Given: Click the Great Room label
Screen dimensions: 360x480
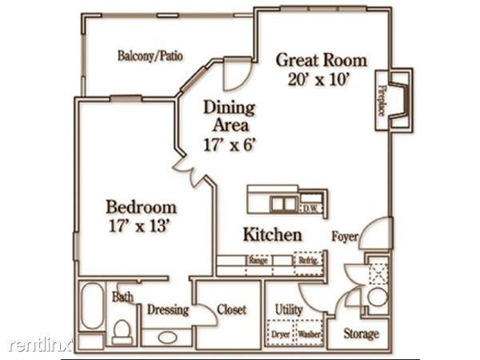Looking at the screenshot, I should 321,60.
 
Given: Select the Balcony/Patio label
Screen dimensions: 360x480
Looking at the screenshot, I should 150,56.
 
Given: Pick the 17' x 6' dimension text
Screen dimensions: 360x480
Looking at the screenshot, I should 228,145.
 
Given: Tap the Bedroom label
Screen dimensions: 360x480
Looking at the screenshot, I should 142,207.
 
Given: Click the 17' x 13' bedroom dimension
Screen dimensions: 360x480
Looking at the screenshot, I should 142,226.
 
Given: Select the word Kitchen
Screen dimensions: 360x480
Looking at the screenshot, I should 272,235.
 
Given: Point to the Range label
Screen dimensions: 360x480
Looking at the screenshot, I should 258,260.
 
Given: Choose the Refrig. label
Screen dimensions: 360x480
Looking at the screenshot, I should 309,260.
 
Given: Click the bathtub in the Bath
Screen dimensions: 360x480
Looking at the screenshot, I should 91,306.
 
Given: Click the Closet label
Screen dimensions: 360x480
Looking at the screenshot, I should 231,310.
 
